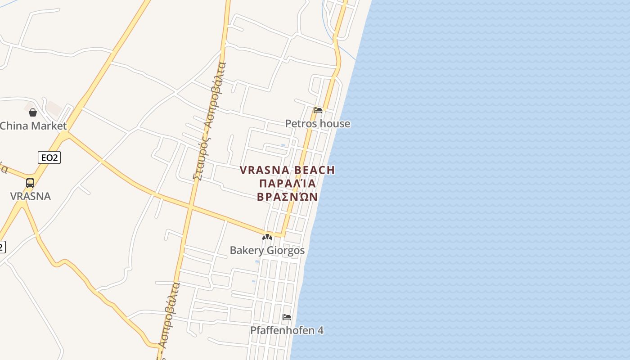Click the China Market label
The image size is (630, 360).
point(33,126)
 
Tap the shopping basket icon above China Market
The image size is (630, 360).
point(33,112)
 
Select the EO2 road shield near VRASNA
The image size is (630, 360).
point(49,157)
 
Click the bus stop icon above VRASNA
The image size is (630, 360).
point(30,183)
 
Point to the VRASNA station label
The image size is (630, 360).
point(31,196)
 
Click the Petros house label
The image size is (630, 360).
point(318,124)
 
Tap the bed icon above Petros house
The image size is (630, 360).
point(318,110)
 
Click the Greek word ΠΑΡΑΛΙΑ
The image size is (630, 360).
point(288,184)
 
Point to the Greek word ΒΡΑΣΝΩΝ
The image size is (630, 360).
point(288,197)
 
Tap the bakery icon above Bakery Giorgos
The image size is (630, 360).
point(267,237)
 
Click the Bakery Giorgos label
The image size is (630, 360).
point(267,251)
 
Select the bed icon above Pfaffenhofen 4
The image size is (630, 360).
point(287,317)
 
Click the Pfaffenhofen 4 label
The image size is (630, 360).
point(287,330)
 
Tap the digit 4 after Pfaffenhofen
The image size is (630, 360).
point(320,330)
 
